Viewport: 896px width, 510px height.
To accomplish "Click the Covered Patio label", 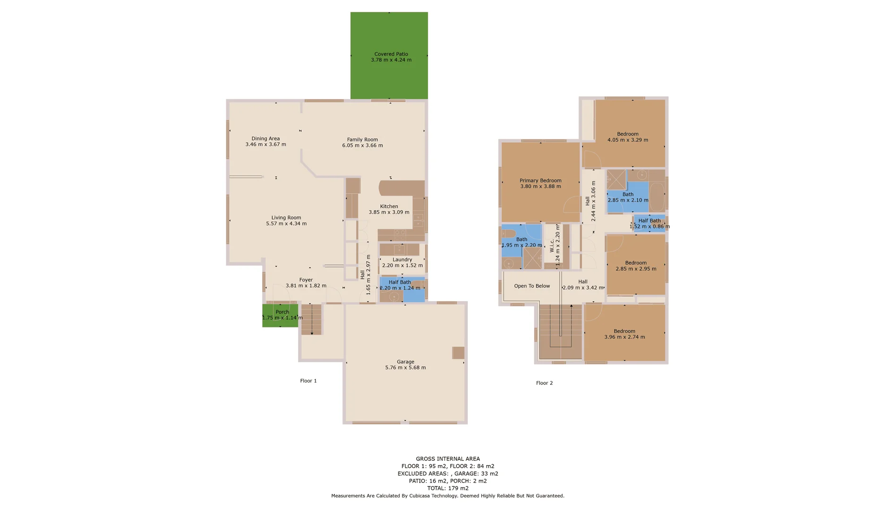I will click(391, 54).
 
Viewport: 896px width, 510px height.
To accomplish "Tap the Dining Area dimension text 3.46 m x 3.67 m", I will click(265, 144).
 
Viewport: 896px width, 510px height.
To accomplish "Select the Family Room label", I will click(362, 139).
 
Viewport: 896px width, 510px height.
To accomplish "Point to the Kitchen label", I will click(389, 206).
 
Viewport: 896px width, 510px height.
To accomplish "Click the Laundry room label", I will click(402, 259).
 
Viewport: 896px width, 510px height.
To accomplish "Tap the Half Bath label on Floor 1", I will click(400, 282).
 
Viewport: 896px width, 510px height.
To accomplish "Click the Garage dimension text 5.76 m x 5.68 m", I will click(405, 367).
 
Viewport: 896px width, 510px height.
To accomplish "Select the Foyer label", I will click(306, 280).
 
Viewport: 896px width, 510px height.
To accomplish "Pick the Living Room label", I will click(286, 218).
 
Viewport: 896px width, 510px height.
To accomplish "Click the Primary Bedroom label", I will click(540, 180).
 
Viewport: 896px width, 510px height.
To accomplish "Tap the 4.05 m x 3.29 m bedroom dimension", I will click(628, 140).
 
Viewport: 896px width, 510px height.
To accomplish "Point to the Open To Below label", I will click(532, 286).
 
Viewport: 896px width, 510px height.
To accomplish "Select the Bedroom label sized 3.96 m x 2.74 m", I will click(624, 331).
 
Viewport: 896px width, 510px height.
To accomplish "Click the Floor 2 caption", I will click(544, 383).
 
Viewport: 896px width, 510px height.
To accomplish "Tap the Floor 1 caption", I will click(308, 381).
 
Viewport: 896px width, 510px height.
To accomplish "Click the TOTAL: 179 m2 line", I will click(448, 488).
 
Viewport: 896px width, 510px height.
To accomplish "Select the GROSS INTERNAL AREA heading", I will click(448, 459).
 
